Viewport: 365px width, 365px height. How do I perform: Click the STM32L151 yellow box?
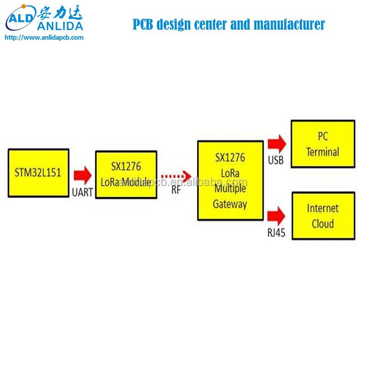click(38, 173)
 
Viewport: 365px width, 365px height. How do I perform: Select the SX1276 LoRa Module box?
click(126, 174)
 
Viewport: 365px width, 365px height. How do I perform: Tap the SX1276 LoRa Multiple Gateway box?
click(230, 180)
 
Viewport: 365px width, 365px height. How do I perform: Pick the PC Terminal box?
click(323, 144)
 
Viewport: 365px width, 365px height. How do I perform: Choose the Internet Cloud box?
click(323, 216)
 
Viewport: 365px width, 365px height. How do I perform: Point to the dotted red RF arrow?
click(176, 175)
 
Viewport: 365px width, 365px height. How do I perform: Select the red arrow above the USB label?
click(277, 143)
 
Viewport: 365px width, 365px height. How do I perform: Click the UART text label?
click(83, 193)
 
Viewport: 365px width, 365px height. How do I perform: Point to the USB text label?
click(276, 160)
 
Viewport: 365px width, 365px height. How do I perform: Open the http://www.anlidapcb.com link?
click(44, 38)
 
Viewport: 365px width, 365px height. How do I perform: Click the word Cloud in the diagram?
click(323, 224)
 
